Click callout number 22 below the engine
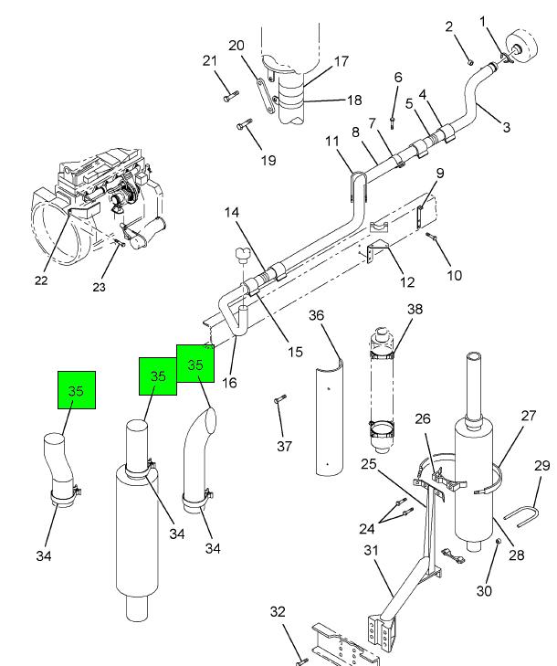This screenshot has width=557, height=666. [41, 280]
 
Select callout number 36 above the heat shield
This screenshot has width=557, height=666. [316, 315]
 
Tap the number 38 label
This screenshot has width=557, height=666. [415, 309]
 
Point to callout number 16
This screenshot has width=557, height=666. [229, 383]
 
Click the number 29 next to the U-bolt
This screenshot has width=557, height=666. [542, 466]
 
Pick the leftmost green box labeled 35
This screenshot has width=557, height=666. [77, 390]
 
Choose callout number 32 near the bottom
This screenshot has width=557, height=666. [278, 611]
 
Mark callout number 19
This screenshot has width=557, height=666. [268, 160]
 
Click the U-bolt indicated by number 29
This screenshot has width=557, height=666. [521, 516]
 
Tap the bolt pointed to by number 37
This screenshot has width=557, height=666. [280, 399]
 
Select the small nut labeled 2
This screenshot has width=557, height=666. [470, 62]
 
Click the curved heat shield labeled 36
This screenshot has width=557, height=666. [330, 418]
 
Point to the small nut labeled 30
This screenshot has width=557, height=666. [499, 541]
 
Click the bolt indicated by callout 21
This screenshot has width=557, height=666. [230, 97]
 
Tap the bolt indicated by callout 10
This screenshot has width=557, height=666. [432, 236]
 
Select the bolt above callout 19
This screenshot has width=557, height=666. [244, 124]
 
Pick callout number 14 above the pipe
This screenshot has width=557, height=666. [232, 212]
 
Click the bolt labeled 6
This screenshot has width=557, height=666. [393, 122]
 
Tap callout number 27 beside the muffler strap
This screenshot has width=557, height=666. [528, 416]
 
